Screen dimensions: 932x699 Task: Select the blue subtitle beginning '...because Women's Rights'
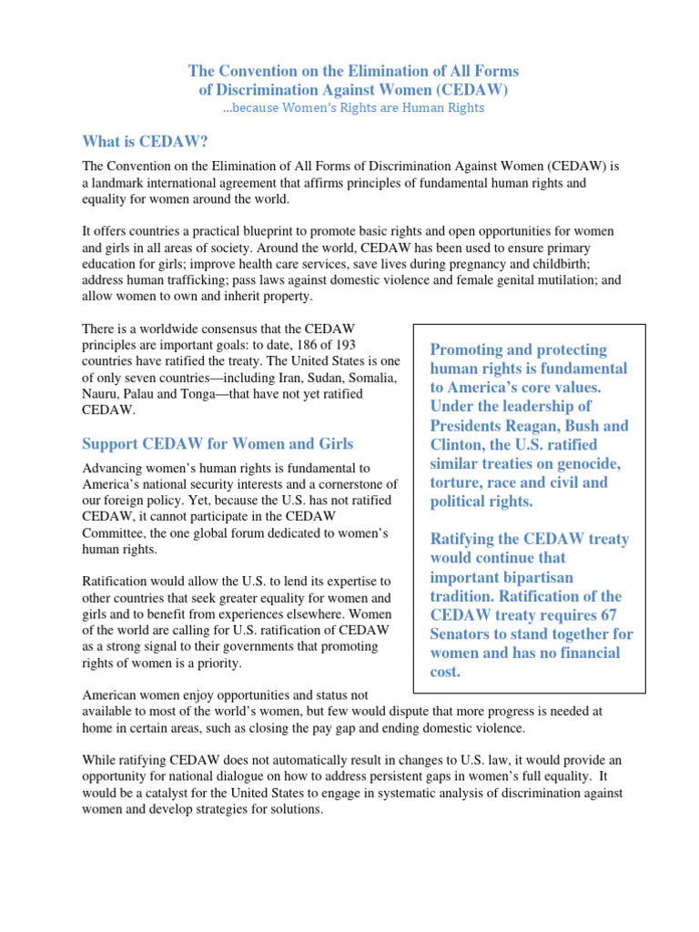[x=353, y=107]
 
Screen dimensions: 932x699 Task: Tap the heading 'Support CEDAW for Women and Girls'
[x=218, y=443]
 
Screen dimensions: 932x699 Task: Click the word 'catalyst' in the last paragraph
[x=154, y=793]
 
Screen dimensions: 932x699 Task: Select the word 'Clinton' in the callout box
[x=464, y=445]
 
